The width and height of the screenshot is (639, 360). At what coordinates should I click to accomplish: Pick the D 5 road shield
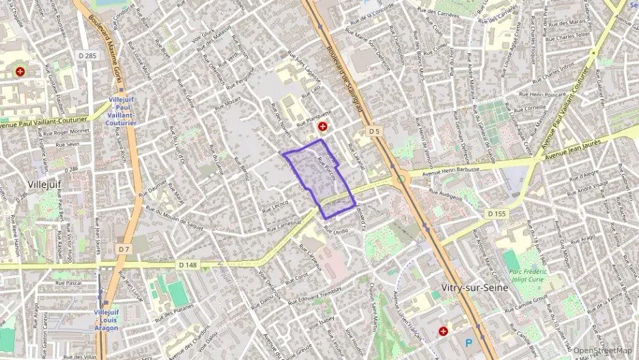pyautogui.click(x=373, y=130)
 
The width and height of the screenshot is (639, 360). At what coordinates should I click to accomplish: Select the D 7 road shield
pyautogui.click(x=123, y=249)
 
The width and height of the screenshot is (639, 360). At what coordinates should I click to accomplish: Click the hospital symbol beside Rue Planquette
pyautogui.click(x=322, y=127)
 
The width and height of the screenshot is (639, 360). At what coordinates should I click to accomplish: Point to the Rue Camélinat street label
pyautogui.click(x=284, y=225)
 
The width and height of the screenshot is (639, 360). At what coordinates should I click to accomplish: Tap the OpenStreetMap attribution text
pyautogui.click(x=602, y=351)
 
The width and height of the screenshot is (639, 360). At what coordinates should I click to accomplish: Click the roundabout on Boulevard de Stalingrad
pyautogui.click(x=400, y=179)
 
